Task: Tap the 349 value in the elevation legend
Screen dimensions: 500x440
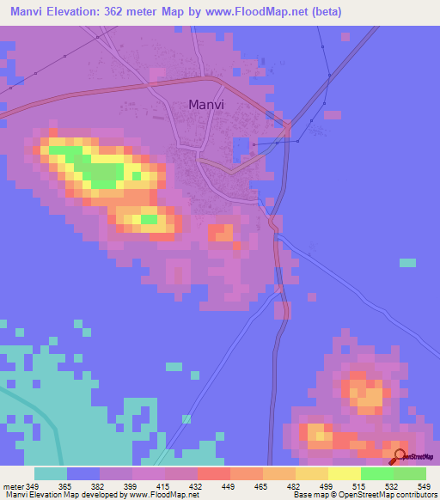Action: click(34, 487)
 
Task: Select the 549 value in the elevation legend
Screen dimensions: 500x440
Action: click(424, 487)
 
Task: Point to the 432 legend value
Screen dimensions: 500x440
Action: click(194, 487)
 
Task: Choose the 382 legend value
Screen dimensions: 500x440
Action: click(96, 487)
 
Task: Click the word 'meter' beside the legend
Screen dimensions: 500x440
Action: click(13, 487)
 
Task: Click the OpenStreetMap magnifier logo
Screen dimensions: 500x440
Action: click(400, 455)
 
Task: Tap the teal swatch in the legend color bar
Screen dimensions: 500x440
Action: click(51, 473)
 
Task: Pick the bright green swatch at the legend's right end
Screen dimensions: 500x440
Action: click(409, 473)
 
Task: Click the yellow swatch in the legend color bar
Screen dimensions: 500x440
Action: click(344, 473)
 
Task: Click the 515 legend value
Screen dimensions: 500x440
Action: click(357, 487)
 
